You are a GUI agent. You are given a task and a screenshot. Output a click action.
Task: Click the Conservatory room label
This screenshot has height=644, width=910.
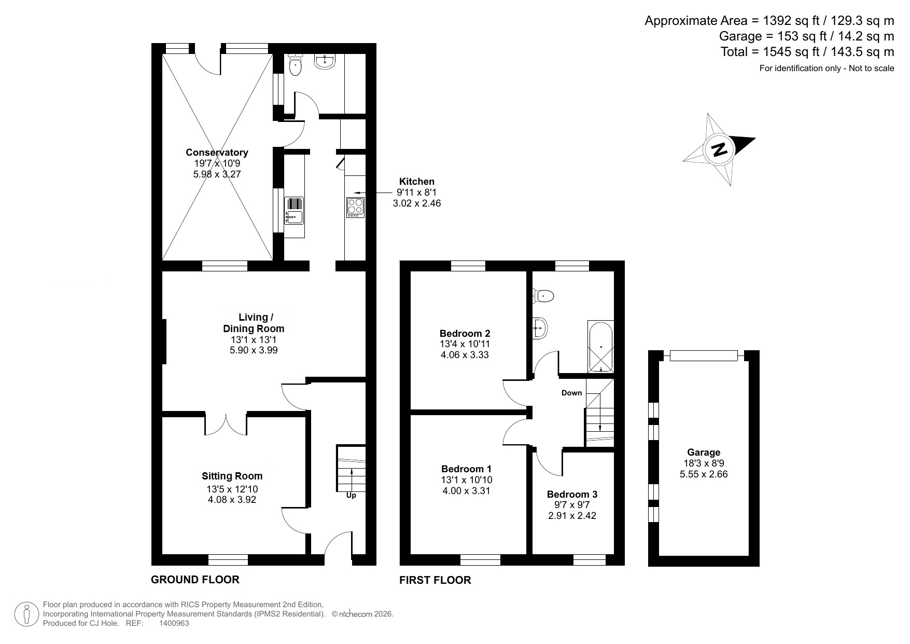pyautogui.click(x=217, y=153)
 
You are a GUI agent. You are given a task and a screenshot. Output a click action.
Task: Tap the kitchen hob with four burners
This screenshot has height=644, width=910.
pyautogui.click(x=355, y=207)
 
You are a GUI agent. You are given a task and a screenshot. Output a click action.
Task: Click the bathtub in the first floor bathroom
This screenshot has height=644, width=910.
pyautogui.click(x=600, y=346)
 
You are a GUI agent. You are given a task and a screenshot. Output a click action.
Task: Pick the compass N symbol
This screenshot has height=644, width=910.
pyautogui.click(x=719, y=149)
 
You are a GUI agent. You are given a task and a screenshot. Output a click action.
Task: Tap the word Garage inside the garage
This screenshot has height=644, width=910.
pyautogui.click(x=704, y=453)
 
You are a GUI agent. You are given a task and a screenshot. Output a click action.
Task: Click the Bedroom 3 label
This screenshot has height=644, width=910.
pyautogui.click(x=572, y=495)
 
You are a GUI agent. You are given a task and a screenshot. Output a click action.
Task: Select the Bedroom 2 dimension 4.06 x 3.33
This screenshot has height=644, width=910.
pyautogui.click(x=465, y=355)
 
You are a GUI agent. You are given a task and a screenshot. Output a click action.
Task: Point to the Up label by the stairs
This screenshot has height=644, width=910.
pyautogui.click(x=351, y=496)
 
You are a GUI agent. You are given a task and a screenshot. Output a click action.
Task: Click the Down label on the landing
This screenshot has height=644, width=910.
pyautogui.click(x=571, y=393)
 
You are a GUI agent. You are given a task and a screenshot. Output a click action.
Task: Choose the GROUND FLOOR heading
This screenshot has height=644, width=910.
pyautogui.click(x=195, y=580)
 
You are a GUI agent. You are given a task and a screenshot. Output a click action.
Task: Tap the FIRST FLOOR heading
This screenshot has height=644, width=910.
pyautogui.click(x=435, y=580)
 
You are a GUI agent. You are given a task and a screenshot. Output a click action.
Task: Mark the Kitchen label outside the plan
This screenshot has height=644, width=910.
pyautogui.click(x=416, y=182)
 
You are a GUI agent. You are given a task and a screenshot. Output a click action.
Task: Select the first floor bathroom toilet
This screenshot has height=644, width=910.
pyautogui.click(x=543, y=296)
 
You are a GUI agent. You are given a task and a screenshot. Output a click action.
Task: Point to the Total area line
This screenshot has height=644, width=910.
pyautogui.click(x=807, y=52)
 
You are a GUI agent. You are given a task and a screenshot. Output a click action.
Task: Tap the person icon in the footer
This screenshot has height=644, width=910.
pyautogui.click(x=26, y=614)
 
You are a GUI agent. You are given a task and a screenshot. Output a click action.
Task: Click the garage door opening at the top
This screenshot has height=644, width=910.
pyautogui.click(x=703, y=355)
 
